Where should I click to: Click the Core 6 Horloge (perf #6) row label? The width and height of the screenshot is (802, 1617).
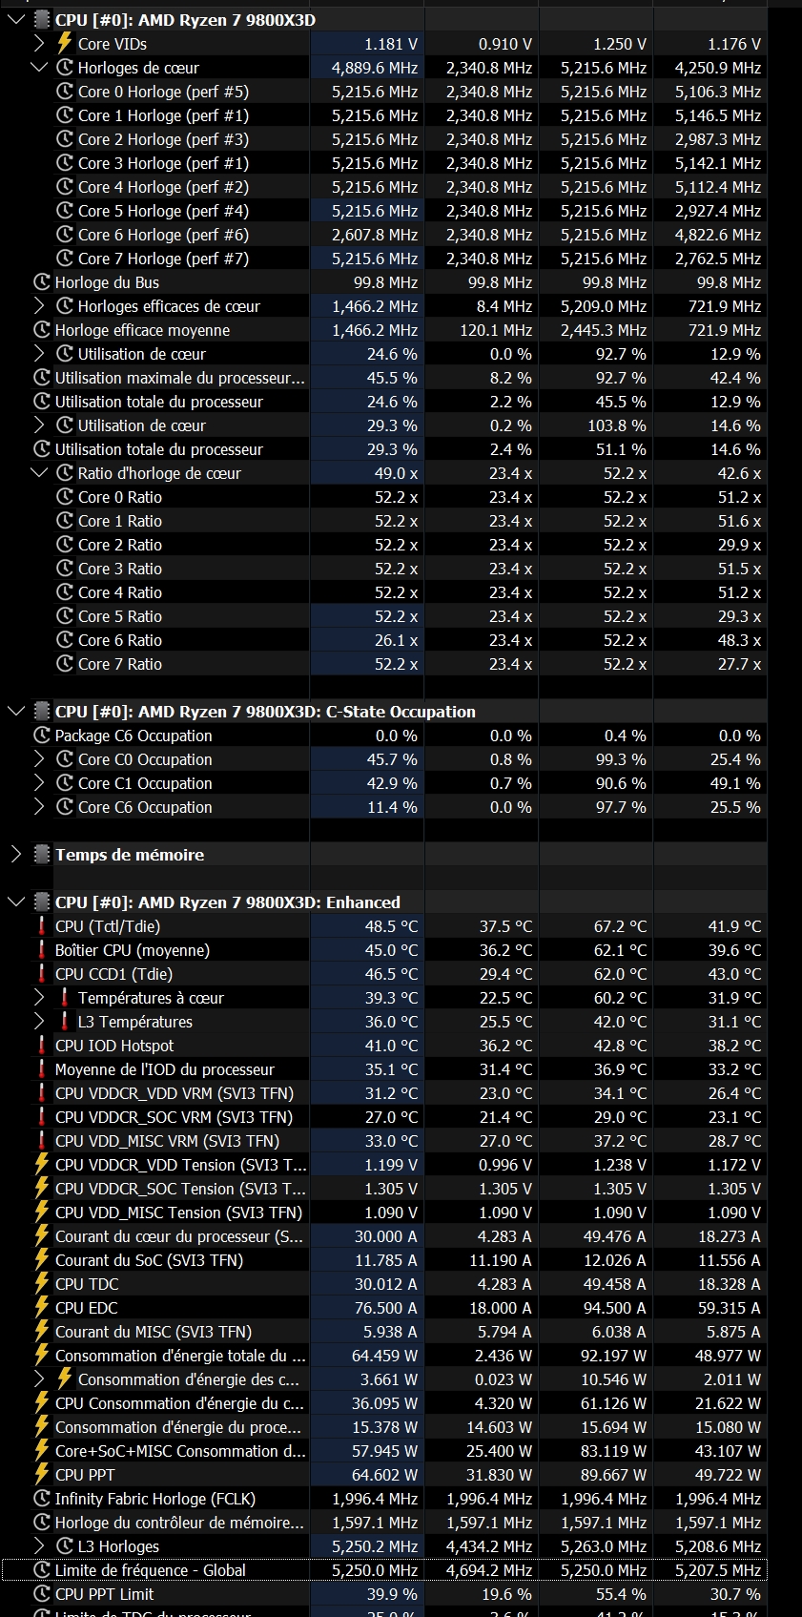point(163,235)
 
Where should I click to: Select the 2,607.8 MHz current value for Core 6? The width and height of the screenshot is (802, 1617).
point(375,235)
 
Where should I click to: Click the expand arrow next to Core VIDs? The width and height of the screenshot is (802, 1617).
point(39,44)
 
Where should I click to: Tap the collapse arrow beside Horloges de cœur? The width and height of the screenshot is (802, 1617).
point(39,68)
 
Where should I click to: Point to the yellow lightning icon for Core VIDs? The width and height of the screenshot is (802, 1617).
point(65,43)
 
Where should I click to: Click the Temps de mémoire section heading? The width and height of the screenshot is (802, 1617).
point(130,855)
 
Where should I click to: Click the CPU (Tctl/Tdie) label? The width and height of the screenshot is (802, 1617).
point(108,926)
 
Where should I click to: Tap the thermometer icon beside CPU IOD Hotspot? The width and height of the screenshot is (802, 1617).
point(42,1046)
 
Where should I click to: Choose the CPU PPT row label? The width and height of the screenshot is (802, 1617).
point(85,1475)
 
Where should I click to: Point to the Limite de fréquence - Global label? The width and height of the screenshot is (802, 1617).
point(151,1570)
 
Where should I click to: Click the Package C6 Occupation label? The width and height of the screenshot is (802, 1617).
point(134,736)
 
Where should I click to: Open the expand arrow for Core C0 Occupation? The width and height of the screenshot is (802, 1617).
point(39,759)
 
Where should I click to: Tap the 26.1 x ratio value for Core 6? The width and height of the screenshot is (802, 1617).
point(396,640)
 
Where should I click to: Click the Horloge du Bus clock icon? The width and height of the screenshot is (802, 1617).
point(42,282)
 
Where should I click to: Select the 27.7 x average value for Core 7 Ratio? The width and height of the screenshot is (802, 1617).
point(739,664)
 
